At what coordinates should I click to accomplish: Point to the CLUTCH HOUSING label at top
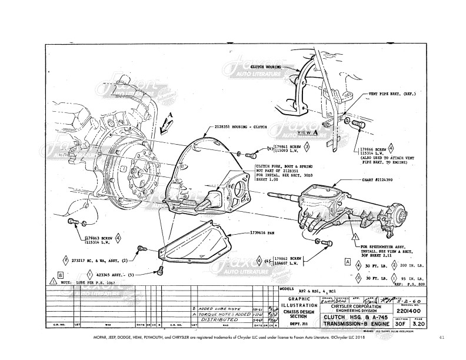(268, 68)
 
